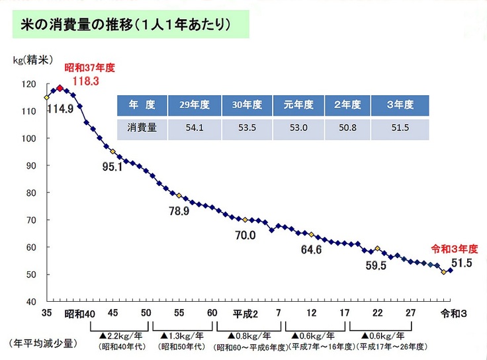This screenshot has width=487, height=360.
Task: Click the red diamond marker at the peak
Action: coord(60,87)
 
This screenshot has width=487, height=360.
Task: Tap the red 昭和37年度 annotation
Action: coord(89,67)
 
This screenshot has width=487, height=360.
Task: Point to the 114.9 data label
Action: coord(60,109)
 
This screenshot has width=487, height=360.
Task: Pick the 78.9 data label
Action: coord(179,211)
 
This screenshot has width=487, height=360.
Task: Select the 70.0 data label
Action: coord(244,234)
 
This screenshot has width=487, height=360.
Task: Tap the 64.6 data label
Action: coord(311,249)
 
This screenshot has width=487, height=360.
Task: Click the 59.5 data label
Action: coord(375,265)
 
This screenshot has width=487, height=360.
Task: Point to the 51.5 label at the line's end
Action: coord(461,263)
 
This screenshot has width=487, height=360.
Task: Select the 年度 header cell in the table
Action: coord(142,105)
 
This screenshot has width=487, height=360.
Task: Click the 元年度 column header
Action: coord(298,105)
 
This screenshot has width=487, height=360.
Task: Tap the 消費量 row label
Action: coord(142,128)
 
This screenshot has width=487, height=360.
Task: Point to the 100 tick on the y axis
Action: coord(30,139)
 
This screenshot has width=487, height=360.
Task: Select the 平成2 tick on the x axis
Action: coord(245,313)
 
